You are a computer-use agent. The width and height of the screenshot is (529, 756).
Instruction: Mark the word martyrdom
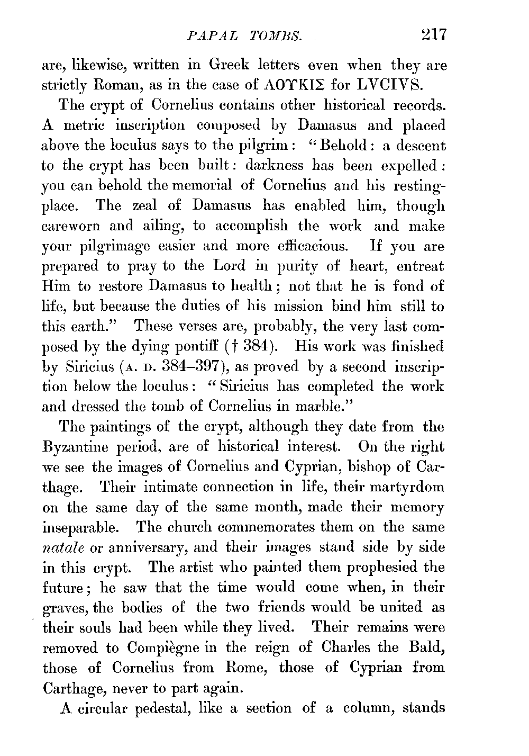coord(406,487)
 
